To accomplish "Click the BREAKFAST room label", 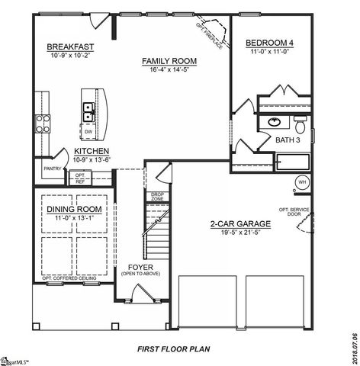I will [69, 47].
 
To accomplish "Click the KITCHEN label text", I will [92, 152].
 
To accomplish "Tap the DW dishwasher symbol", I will [89, 132].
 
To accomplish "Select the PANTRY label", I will [53, 169].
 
